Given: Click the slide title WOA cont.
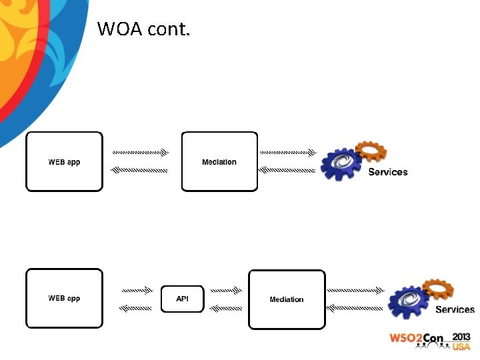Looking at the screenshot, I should coord(143,29).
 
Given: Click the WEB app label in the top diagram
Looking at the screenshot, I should coord(64,162).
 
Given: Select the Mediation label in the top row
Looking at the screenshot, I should coord(219,162).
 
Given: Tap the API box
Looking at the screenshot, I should coord(182,299).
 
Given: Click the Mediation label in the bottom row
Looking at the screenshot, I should coord(287,299).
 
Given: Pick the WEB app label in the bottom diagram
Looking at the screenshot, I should coord(64,298).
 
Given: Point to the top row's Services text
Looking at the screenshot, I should coord(387,172).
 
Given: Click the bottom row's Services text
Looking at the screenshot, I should coord(455,309).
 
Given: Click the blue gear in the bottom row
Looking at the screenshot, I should coord(408,301).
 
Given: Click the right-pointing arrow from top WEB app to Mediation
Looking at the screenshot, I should coord(140,153).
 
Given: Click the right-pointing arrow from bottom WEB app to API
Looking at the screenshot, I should coord(137,291).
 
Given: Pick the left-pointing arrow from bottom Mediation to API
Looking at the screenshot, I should coord(226,308).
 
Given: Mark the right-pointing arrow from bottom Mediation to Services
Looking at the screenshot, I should coord(355,291).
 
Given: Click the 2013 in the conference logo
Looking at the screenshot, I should coord(461,337).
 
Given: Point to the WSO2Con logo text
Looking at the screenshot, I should coord(417,339).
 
